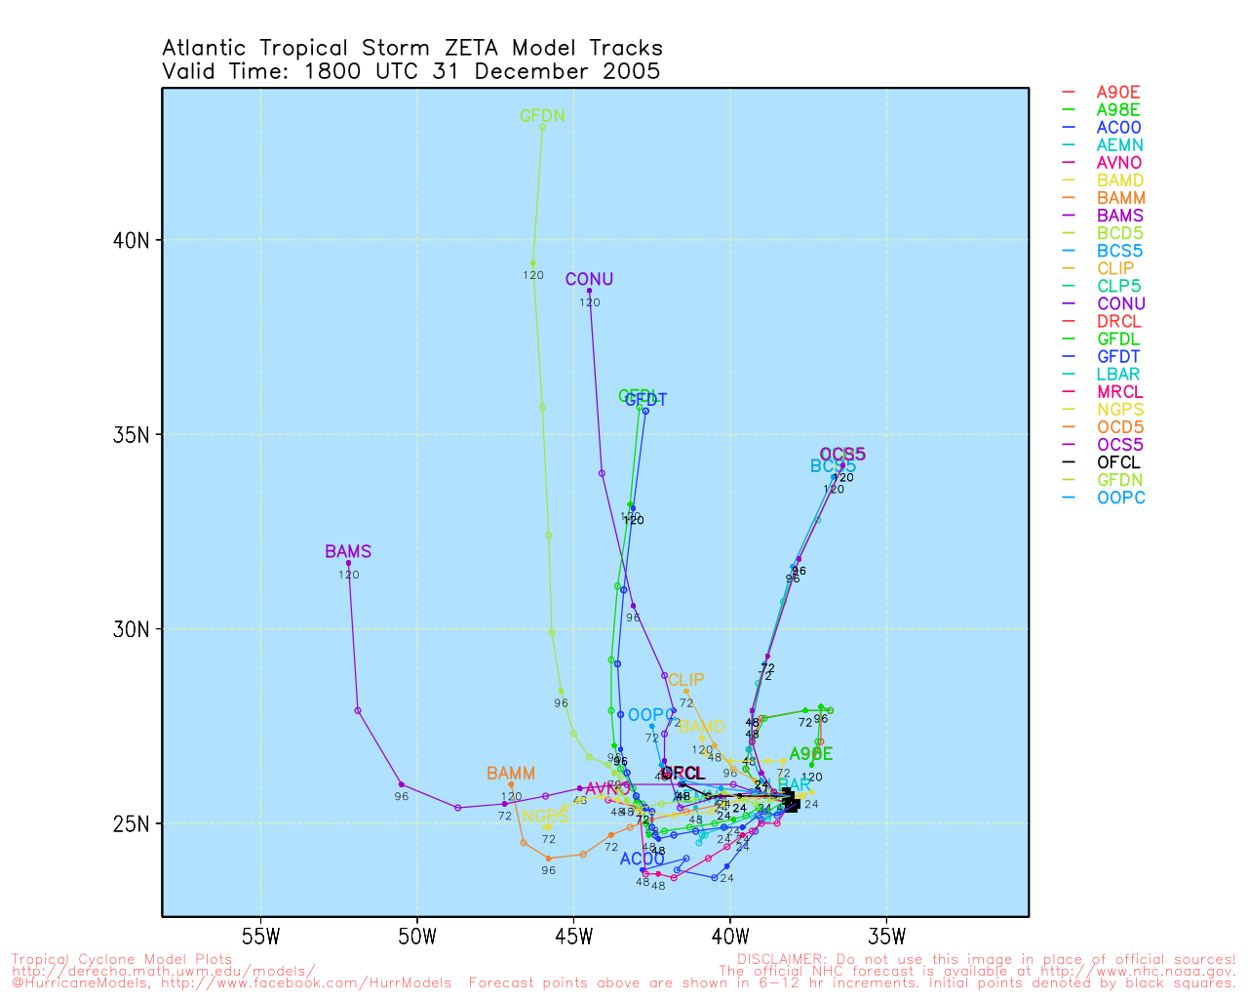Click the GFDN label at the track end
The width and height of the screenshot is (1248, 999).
point(542,116)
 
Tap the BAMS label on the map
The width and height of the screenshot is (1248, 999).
point(348,552)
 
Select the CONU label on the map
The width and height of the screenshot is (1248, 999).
point(589,280)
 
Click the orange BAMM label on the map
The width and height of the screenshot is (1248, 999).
point(511,775)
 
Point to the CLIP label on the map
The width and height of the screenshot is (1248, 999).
point(685,680)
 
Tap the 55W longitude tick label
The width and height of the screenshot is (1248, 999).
point(260,939)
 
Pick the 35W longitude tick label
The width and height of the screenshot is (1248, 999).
point(886,939)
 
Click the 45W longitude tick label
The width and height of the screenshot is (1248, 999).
point(573,939)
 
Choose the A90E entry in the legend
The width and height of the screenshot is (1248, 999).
point(1118,93)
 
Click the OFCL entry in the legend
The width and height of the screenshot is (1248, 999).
point(1118,462)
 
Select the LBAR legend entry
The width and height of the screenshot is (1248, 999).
point(1118,375)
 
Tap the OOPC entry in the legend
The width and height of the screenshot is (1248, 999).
point(1120,498)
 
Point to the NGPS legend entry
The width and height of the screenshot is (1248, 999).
point(1120,410)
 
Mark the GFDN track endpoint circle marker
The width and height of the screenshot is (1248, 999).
point(543,127)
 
